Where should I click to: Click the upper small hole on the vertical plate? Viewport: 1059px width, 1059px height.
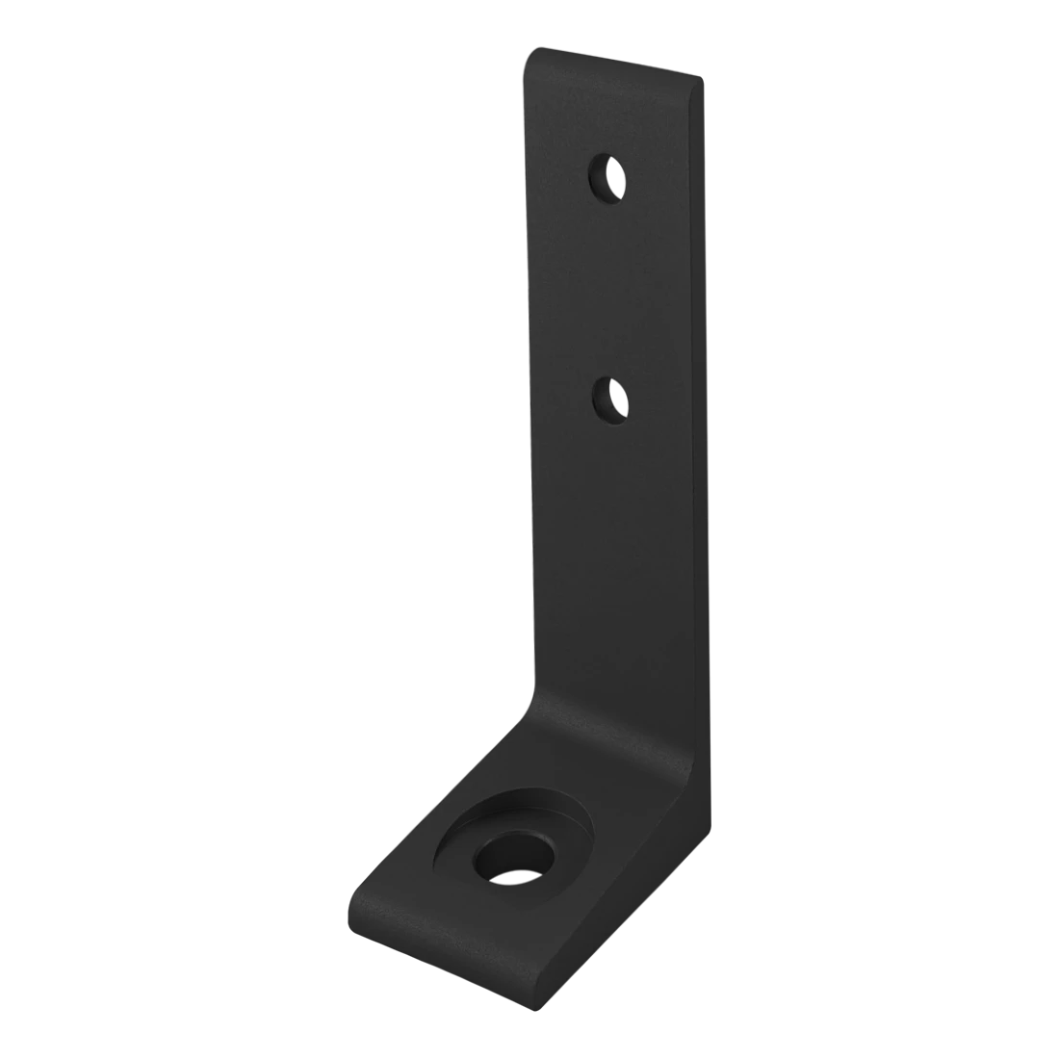pyautogui.click(x=607, y=179)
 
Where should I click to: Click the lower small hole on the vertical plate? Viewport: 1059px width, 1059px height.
pyautogui.click(x=610, y=399)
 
